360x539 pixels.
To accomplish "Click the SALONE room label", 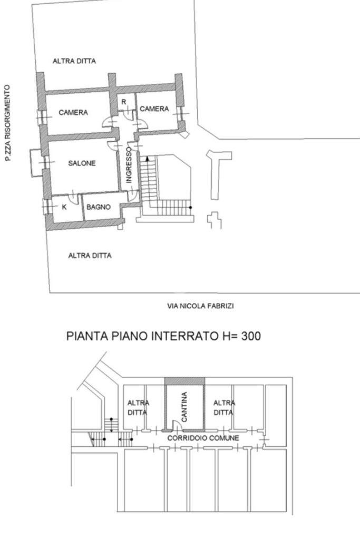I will [82, 163].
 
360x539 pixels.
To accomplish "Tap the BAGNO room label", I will [99, 207].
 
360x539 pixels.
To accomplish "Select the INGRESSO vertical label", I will [129, 164].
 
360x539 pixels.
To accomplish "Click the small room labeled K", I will [64, 207].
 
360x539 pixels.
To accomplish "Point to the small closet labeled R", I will [124, 102].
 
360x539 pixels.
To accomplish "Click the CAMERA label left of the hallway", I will [73, 112].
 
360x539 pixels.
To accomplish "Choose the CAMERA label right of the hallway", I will [154, 109].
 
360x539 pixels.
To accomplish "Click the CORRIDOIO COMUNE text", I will [203, 438].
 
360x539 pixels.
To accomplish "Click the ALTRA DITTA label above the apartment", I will [74, 61].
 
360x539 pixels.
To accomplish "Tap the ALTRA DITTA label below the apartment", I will [90, 256].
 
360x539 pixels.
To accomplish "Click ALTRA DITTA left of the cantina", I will [138, 407].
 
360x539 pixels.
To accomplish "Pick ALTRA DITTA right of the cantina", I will [224, 407].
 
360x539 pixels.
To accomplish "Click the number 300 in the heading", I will [247, 336].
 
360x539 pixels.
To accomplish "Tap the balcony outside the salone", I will [35, 162].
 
